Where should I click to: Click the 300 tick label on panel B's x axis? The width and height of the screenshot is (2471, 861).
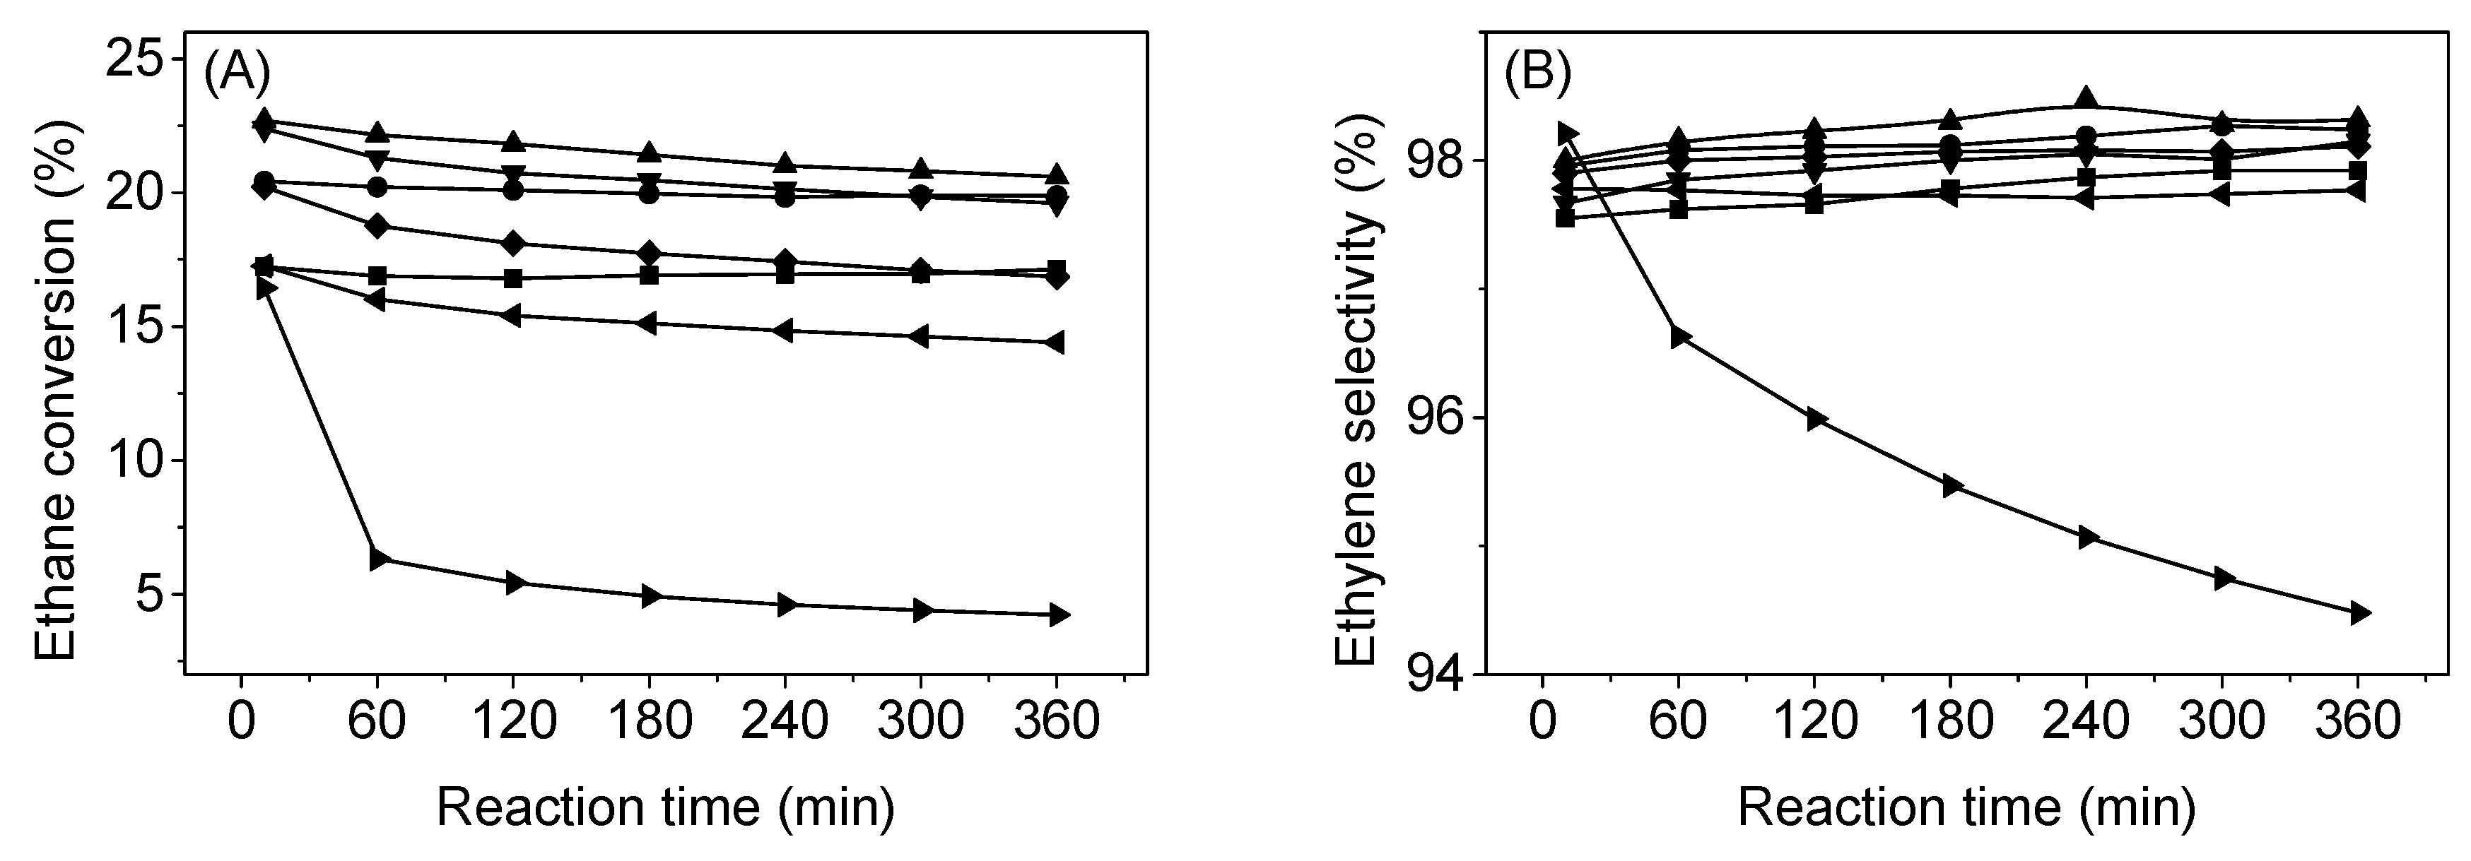coord(2221,722)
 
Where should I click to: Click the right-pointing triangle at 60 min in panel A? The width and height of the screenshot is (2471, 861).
coord(379,559)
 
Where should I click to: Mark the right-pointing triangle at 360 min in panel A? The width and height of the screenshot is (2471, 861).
coord(1057,614)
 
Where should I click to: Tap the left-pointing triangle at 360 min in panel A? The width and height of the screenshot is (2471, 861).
coord(1055,343)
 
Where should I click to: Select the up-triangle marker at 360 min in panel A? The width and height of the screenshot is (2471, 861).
coord(1056,174)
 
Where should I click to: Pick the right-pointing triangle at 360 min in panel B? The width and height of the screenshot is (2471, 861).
coord(2359,614)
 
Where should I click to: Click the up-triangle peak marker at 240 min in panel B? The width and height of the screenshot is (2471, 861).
coord(2085,99)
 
